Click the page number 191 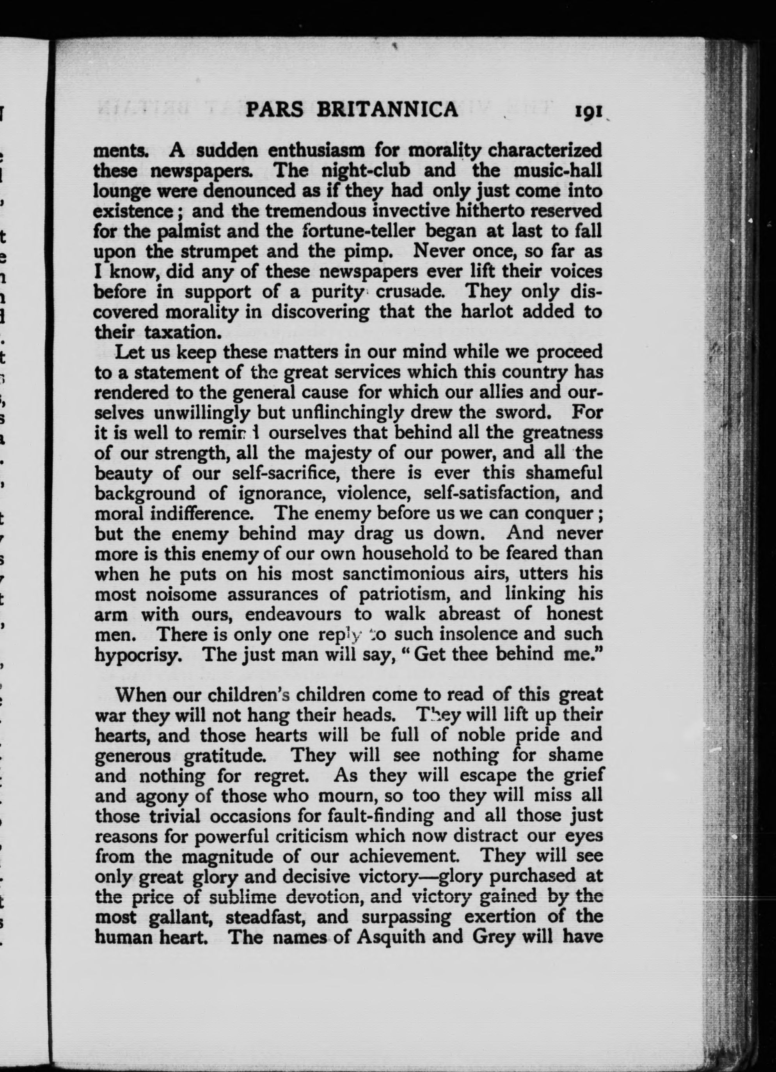click(588, 111)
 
